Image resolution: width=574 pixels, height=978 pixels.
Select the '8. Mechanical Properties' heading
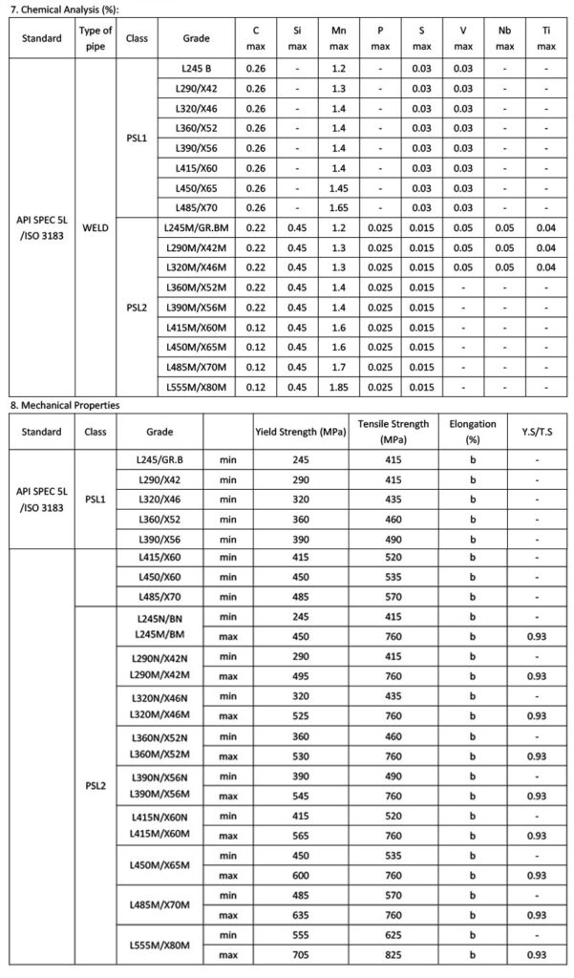(64, 405)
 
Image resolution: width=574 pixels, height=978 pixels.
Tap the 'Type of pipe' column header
(95, 38)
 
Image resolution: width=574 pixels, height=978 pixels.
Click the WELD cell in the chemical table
(95, 229)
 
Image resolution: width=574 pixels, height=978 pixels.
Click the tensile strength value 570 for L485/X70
(393, 595)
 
